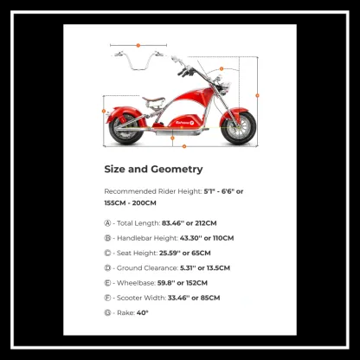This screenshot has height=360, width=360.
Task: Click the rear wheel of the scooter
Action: coord(125,127)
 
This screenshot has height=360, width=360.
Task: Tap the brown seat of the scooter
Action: coord(159,94)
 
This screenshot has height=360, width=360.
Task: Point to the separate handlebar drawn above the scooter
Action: coord(137,58)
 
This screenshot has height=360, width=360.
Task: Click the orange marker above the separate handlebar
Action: coord(137,44)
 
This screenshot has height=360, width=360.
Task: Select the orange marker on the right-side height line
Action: coord(258,94)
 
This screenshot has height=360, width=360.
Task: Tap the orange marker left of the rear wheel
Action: coord(105,111)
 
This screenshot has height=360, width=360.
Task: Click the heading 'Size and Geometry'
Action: coord(153,169)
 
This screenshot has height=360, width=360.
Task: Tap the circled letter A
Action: coord(108,222)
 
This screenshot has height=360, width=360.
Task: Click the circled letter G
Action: coord(108,312)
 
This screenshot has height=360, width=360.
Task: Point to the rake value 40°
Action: coord(143,312)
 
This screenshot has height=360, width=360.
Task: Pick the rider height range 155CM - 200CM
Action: coord(130,202)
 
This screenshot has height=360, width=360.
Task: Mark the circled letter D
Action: coord(108,267)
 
